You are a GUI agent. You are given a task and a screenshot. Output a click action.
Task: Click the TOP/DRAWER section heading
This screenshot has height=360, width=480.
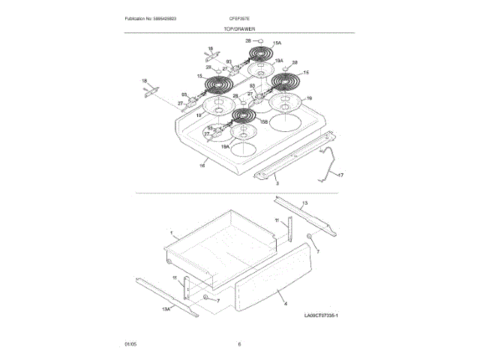239,28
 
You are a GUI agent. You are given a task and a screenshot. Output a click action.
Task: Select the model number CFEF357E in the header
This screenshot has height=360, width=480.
239,18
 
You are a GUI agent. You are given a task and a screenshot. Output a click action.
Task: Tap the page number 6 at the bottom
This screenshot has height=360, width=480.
239,344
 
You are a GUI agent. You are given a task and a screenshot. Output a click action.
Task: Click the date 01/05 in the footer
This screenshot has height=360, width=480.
130,344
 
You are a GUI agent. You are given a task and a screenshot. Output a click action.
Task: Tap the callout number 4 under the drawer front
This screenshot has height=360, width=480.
286,304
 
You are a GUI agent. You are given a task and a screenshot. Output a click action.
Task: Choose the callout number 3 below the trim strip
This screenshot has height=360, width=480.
277,182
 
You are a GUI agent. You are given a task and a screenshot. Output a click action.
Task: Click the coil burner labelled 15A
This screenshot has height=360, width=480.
261,55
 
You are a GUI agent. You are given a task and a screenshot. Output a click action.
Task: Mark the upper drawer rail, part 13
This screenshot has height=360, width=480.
301,214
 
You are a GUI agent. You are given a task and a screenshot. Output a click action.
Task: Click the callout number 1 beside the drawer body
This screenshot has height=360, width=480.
171,234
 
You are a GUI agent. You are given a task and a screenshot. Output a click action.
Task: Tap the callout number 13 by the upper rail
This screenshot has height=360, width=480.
304,203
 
